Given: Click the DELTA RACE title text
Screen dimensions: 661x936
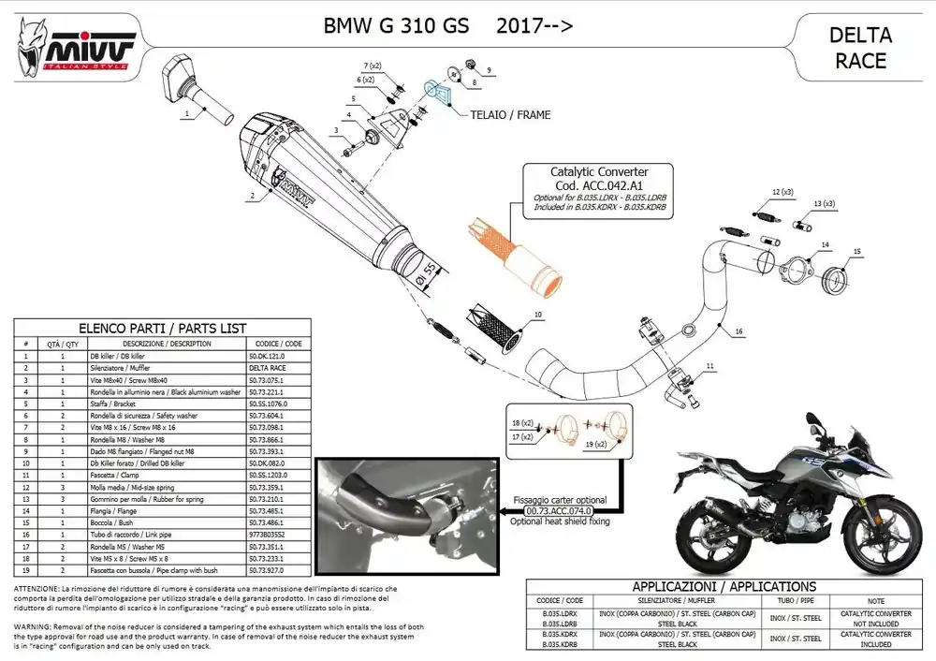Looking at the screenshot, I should tap(858, 48).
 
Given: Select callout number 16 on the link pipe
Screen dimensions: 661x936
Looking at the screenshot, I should tap(739, 331).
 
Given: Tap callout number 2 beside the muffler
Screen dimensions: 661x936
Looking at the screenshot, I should tap(252, 198).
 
